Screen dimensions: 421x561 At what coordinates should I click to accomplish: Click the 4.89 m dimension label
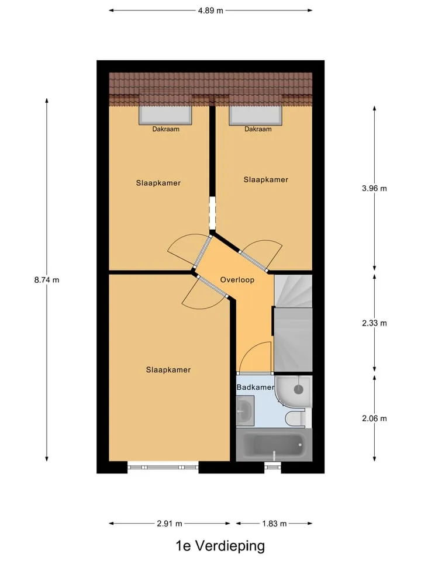click(210, 11)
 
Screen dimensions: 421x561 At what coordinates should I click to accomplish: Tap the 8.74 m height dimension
click(47, 280)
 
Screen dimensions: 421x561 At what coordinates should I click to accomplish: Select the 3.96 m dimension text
click(374, 188)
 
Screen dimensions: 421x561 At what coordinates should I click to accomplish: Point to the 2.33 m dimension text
click(374, 323)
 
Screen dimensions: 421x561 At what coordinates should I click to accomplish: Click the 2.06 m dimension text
click(374, 418)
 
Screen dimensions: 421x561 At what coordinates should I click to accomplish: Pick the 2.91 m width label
click(170, 524)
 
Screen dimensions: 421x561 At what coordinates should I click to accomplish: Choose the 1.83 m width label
click(274, 524)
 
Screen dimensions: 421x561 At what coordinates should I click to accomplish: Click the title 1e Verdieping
click(220, 546)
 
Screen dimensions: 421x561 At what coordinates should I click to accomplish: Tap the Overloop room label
click(237, 280)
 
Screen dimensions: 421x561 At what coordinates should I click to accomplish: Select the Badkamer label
click(256, 387)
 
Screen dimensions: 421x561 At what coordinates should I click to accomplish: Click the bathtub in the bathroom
click(274, 445)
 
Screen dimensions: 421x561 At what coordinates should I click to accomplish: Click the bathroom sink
click(245, 410)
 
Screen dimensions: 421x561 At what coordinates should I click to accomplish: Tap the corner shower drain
click(299, 389)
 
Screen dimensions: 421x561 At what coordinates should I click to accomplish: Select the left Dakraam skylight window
click(165, 115)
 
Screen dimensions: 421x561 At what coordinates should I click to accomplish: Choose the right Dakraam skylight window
click(256, 115)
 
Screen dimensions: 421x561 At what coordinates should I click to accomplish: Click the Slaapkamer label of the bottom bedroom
click(168, 369)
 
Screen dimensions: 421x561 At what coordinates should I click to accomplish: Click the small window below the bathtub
click(273, 466)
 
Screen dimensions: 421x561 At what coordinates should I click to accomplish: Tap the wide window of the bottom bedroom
click(163, 467)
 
